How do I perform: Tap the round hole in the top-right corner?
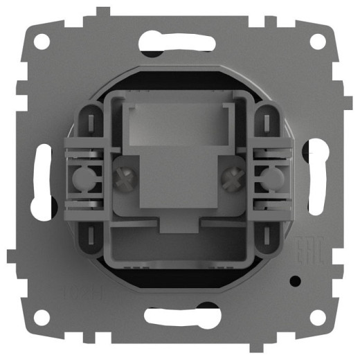coord(317,41)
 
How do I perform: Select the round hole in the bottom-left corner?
coord(42,317)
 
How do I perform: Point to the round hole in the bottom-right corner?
coord(317,317)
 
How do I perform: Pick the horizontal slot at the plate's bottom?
coord(179,318)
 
